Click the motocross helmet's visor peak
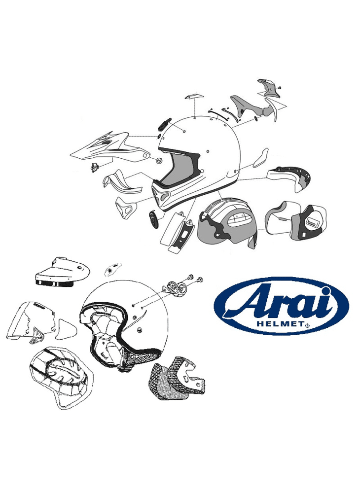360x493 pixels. tap(109, 147)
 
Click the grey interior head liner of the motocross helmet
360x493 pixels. tap(228, 223)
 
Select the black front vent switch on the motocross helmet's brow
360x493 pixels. tap(164, 125)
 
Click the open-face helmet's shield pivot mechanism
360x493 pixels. tap(175, 286)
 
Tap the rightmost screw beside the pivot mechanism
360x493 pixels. tap(199, 279)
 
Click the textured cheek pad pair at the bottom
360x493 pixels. tap(178, 378)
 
